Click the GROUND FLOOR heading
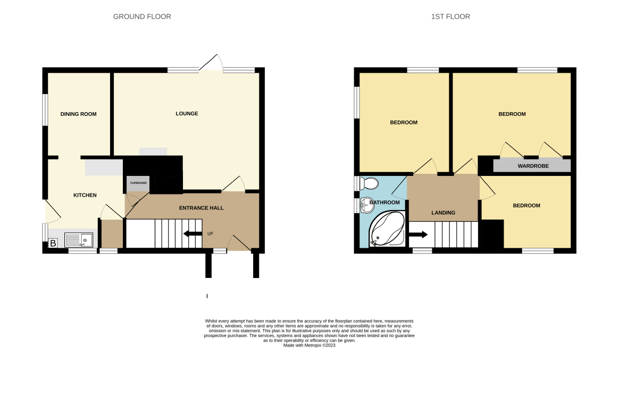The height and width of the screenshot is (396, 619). point(142,16)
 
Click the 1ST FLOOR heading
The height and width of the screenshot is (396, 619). point(450,16)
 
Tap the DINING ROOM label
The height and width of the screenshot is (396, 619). point(79,114)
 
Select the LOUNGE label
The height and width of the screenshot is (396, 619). point(187,114)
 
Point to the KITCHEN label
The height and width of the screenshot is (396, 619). point(85,195)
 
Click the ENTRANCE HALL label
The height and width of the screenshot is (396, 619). point(202,208)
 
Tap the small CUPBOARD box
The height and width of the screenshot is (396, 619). point(138,183)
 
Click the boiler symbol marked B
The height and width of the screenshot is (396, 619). point(53,243)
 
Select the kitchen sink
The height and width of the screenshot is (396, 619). point(79,240)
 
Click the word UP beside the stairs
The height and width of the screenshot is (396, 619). point(210,234)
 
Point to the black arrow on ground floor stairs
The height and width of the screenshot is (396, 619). point(193,234)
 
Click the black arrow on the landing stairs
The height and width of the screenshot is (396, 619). point(418,235)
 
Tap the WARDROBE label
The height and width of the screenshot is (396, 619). point(533,166)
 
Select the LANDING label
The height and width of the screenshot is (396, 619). point(444,213)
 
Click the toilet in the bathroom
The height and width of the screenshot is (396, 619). point(370,183)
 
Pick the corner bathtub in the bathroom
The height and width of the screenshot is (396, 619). point(387,229)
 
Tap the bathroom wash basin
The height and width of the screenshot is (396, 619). point(367,205)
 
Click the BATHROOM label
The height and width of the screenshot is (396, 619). point(384,203)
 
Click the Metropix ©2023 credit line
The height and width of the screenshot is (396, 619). point(309,345)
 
